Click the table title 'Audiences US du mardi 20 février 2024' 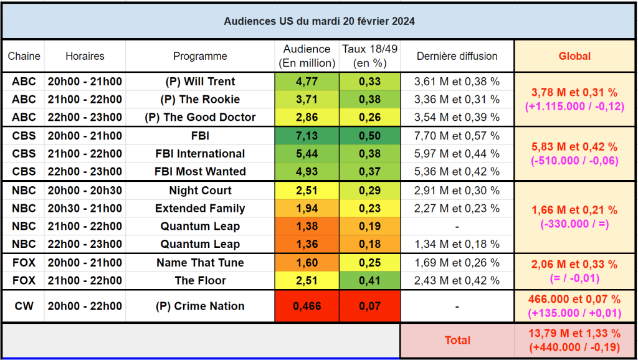tap(319, 21)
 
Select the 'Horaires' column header tap(85, 56)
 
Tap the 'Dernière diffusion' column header tap(457, 56)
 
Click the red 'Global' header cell tap(574, 56)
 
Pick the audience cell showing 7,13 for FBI tap(307, 136)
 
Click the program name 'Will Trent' tap(200, 82)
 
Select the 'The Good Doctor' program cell tap(200, 117)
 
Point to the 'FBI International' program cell tap(200, 154)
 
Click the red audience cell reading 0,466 tap(307, 306)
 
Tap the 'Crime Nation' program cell tap(200, 306)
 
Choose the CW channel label tap(24, 306)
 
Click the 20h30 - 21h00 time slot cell tap(85, 209)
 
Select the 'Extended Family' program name tap(200, 209)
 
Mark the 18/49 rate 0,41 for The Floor tap(369, 280)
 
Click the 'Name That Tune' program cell tap(200, 263)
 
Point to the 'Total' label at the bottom tap(457, 340)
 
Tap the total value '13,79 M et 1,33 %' tap(574, 333)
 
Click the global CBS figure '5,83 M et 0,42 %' tap(574, 147)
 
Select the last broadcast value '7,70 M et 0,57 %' tap(457, 136)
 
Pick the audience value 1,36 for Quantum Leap tap(307, 244)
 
